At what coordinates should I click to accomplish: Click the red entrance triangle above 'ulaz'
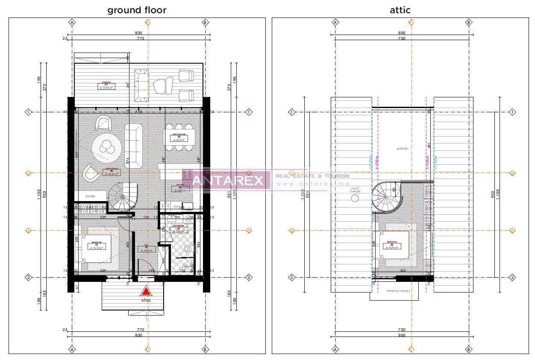click(x=146, y=291)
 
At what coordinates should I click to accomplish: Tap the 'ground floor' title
click(x=137, y=10)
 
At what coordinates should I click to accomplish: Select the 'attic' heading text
click(x=400, y=10)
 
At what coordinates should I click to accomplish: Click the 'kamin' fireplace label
click(x=90, y=196)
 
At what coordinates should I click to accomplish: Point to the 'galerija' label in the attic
click(x=402, y=149)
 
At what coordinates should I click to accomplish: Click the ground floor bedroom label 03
click(x=97, y=246)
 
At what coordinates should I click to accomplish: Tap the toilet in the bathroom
click(x=188, y=249)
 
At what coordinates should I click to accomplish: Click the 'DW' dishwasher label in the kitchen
click(x=176, y=206)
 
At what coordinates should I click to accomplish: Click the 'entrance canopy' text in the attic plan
click(x=398, y=291)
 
